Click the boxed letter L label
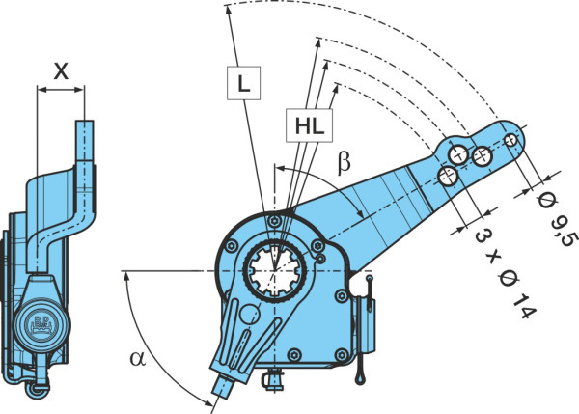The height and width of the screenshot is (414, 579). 243,83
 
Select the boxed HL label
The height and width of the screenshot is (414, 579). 310,125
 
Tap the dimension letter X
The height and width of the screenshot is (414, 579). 61,70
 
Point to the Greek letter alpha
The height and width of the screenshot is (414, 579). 138,359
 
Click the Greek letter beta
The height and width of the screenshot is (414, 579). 345,161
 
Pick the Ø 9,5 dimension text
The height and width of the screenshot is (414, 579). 557,218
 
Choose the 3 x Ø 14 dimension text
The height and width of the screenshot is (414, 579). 505,273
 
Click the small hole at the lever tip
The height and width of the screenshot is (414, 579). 511,140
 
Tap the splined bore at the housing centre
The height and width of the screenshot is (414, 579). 275,271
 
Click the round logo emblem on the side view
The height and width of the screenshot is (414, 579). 41,324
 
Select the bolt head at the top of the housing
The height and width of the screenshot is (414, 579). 274,221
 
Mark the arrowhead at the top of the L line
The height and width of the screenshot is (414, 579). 229,11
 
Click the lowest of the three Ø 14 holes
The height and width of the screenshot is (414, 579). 448,176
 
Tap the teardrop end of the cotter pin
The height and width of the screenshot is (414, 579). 361,377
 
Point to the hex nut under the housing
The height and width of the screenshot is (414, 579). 273,379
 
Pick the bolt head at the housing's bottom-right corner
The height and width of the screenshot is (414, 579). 342,355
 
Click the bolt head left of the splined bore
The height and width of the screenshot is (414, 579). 232,246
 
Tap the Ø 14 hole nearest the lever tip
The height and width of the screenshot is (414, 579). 482,156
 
